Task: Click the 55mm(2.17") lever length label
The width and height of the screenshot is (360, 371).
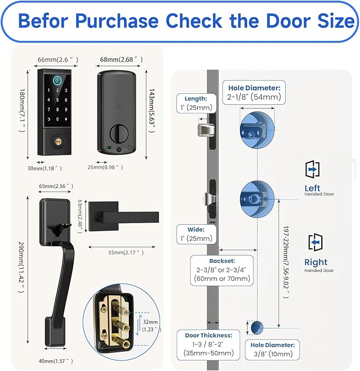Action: pyautogui.click(x=122, y=253)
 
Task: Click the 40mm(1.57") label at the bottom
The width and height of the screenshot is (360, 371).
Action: pyautogui.click(x=52, y=361)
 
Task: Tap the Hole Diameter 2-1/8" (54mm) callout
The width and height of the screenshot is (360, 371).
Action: pyautogui.click(x=254, y=92)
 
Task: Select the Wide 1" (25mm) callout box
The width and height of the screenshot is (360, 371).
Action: pyautogui.click(x=196, y=234)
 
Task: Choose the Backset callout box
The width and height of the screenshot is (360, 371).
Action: pyautogui.click(x=222, y=271)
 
